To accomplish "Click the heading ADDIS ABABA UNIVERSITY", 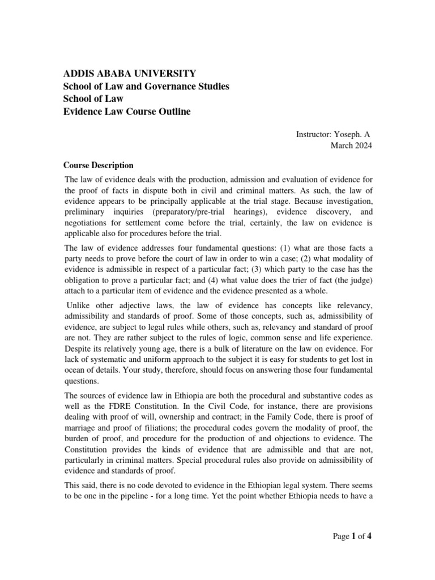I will pos(129,73).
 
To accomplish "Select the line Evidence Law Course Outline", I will pos(126,112).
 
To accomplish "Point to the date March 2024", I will pos(351,146).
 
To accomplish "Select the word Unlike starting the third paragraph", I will pos(78,306).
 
